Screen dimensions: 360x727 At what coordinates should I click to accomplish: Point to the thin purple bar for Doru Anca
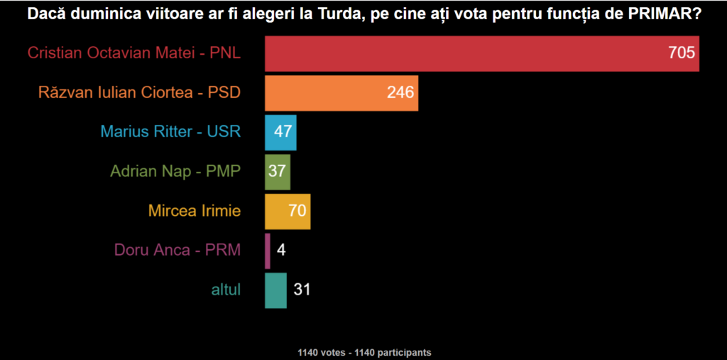(268, 251)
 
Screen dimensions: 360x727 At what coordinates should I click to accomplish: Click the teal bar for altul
(275, 290)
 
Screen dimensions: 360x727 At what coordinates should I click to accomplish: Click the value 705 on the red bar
(681, 53)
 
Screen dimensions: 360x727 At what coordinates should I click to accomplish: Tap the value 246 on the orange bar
(400, 93)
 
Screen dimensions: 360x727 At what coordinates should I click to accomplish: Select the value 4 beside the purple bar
(282, 251)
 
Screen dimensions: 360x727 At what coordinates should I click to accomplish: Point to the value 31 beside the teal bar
(302, 290)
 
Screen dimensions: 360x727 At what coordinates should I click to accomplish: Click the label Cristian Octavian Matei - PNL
(134, 53)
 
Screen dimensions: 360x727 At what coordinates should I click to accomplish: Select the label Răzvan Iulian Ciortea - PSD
(139, 93)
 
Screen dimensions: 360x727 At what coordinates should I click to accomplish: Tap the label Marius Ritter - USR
(170, 132)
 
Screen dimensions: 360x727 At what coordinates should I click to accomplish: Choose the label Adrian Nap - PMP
(175, 172)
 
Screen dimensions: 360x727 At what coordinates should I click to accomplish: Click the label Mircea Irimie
(195, 211)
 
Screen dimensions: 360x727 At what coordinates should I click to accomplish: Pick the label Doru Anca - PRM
(177, 251)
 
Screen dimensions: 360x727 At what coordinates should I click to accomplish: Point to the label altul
(226, 290)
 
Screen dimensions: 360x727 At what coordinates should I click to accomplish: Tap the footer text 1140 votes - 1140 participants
(364, 352)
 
